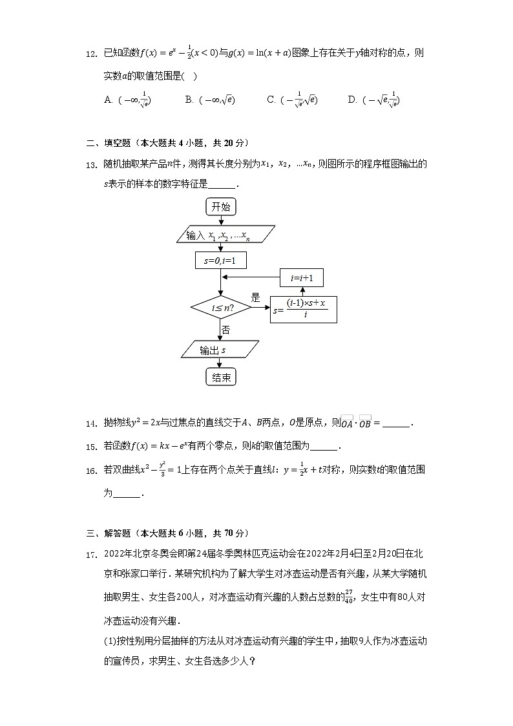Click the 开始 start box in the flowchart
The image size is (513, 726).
click(x=221, y=207)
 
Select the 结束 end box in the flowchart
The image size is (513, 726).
click(x=221, y=378)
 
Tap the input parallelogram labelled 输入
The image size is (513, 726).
click(x=225, y=235)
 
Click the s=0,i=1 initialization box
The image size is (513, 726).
click(x=220, y=260)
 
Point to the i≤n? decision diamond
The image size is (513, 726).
click(x=221, y=308)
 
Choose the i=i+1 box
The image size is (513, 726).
click(x=302, y=278)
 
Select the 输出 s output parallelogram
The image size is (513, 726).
click(x=220, y=350)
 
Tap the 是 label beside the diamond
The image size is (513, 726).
click(x=255, y=298)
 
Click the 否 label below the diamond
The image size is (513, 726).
click(x=226, y=330)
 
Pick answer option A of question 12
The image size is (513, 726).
click(x=128, y=100)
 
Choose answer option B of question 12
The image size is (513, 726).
click(x=210, y=100)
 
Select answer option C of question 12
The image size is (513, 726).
click(x=292, y=100)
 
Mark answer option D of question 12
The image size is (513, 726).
click(x=374, y=100)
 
